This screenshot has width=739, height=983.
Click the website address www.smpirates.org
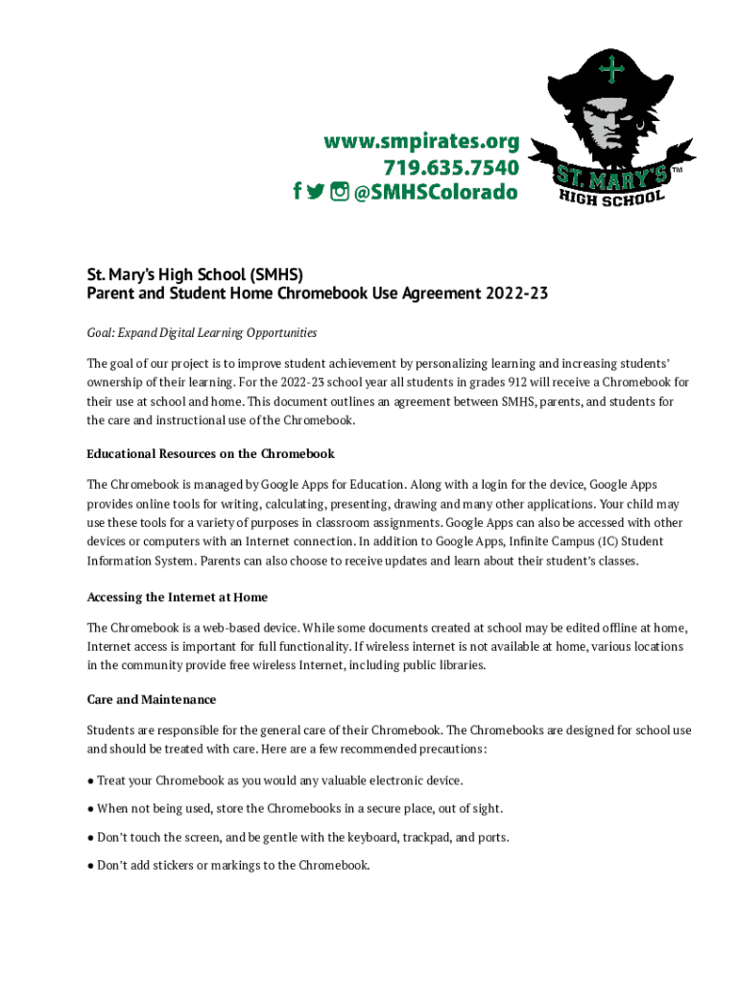click(x=421, y=142)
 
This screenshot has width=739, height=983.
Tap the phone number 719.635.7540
click(x=451, y=168)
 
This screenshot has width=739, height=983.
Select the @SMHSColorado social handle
click(x=436, y=193)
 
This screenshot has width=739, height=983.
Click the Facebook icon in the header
click(x=298, y=193)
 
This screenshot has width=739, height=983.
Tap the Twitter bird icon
click(x=316, y=193)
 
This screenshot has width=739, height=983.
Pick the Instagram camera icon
click(x=339, y=193)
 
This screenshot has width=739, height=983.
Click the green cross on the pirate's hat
click(x=610, y=69)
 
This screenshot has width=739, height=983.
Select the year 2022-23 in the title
click(x=516, y=293)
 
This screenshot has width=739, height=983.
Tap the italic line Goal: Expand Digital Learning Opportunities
click(x=202, y=333)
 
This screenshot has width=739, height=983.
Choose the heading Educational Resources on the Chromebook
click(x=210, y=453)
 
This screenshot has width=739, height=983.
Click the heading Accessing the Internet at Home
click(x=177, y=597)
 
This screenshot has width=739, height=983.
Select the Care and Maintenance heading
click(x=151, y=699)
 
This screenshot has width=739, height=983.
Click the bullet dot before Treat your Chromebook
click(x=90, y=780)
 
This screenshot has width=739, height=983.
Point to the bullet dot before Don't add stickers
click(x=90, y=865)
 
